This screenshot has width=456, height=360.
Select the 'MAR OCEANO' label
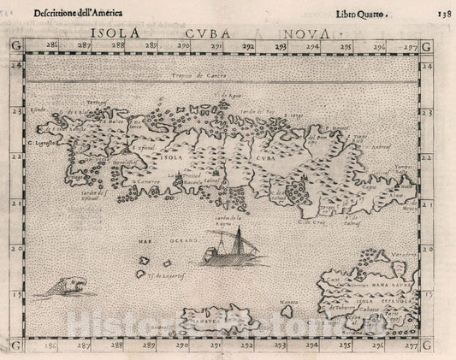pyautogui.click(x=163, y=241)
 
